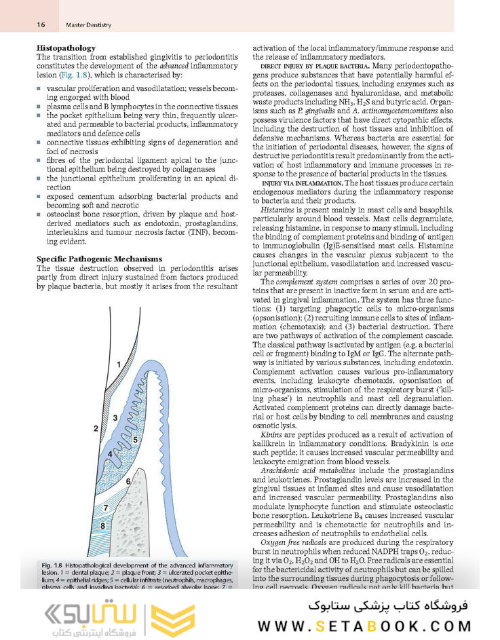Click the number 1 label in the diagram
coord(118,364)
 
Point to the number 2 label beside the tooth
coord(96,428)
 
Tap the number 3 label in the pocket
coord(115,417)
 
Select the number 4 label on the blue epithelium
coord(110,453)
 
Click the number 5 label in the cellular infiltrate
coord(135,440)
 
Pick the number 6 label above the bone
coord(128,481)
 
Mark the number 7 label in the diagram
coord(105,507)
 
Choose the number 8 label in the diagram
coord(102,526)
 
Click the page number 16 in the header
coord(41,25)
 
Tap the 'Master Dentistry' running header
coord(88,25)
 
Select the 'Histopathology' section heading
coord(66,48)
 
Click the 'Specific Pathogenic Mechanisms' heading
coord(98,259)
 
